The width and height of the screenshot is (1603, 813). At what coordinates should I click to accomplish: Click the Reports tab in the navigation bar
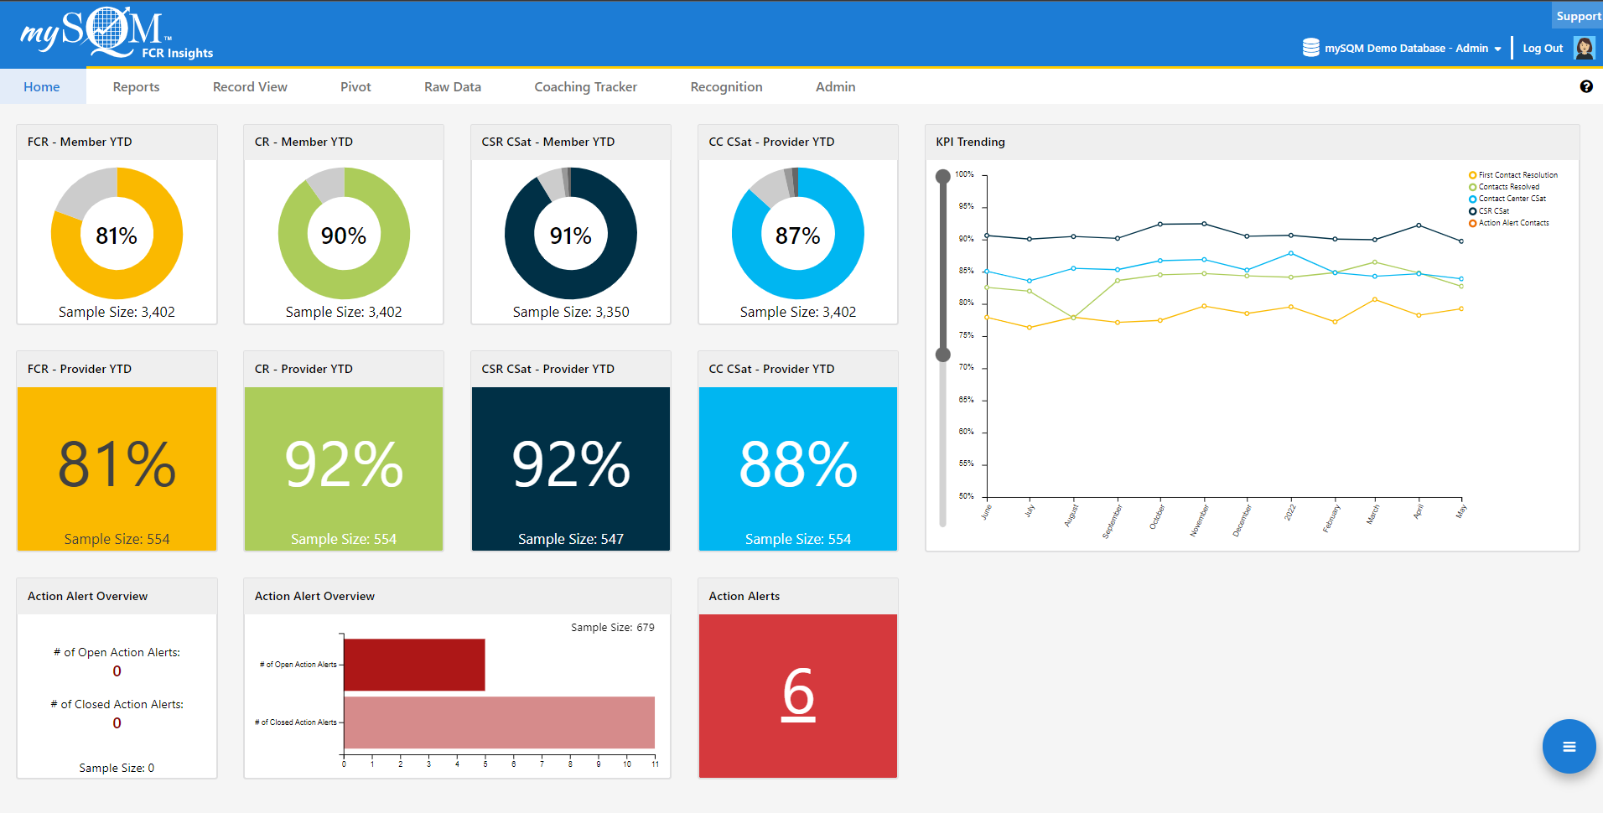point(136,87)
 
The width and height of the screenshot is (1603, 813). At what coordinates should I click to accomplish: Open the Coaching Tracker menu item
point(585,87)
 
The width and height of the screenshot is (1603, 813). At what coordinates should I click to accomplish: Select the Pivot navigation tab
point(355,87)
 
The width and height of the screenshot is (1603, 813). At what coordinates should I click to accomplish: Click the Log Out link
point(1542,49)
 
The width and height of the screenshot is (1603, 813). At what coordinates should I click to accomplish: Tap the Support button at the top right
point(1578,16)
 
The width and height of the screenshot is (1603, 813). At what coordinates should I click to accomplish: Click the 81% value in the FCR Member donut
point(117,236)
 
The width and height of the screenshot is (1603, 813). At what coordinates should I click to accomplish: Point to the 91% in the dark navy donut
point(570,236)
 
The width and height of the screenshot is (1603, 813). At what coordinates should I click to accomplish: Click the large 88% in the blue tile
point(797,464)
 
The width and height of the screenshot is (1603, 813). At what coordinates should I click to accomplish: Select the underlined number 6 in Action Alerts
point(798,694)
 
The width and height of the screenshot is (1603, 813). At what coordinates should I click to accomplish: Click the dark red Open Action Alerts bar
point(414,665)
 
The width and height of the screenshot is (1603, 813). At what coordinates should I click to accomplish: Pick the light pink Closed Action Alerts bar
point(499,722)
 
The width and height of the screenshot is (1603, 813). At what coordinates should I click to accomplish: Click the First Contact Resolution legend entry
point(1517,175)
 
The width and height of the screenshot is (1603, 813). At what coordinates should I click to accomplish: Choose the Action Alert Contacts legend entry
point(1512,223)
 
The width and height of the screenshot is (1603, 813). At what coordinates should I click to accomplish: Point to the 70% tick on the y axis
point(967,367)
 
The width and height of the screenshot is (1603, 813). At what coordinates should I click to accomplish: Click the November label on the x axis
point(1200,520)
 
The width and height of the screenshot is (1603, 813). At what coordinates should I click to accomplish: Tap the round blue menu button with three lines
point(1569,746)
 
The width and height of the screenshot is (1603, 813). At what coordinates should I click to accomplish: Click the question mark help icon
point(1585,86)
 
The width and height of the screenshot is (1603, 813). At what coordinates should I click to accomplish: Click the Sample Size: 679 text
point(612,627)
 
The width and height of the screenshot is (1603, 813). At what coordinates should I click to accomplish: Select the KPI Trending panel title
point(970,142)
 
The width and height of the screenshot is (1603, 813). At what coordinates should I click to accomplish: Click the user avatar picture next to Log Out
point(1584,48)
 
